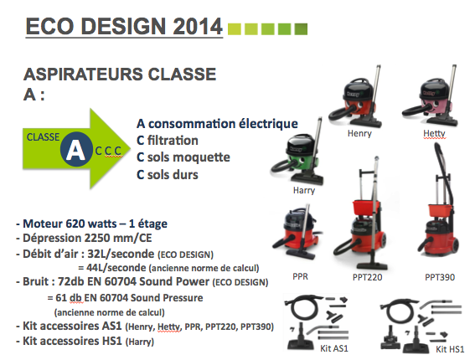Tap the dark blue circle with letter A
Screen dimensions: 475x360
click(76, 149)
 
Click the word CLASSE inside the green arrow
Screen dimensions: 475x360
click(43, 137)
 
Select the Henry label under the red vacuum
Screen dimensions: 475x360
click(359, 133)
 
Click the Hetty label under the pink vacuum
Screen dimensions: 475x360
click(435, 133)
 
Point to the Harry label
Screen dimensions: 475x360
click(304, 190)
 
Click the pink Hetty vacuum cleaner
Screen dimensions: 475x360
click(430, 97)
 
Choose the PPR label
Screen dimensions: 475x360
click(300, 276)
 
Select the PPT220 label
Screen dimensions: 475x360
click(367, 277)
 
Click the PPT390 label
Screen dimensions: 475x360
click(440, 277)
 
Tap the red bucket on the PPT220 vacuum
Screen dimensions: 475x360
click(366, 208)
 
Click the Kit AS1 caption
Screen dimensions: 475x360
click(334, 348)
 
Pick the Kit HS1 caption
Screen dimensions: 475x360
click(450, 349)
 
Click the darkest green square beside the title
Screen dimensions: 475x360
click(301, 29)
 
